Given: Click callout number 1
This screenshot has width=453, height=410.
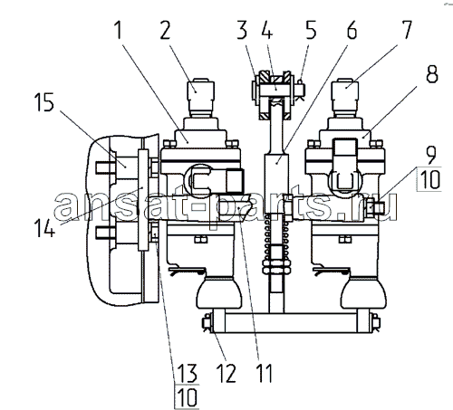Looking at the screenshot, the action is [119, 30].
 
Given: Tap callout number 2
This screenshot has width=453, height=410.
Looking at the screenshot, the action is [165, 30].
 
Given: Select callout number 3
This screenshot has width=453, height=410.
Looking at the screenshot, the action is [242, 30].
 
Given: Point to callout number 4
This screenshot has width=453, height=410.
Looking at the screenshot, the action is [266, 30].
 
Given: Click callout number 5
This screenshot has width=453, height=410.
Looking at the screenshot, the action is [311, 30].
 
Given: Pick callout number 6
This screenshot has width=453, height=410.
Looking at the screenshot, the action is [352, 30].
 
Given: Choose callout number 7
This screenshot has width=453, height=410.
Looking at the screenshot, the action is [406, 30].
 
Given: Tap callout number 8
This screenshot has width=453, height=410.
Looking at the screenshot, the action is [432, 73].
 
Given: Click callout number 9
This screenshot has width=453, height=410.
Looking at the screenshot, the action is [430, 156].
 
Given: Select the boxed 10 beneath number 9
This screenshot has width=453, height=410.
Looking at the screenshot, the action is [430, 179].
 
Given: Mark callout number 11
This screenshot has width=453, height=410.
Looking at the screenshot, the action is [265, 373].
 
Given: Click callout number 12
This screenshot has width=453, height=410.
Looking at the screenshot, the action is [226, 373].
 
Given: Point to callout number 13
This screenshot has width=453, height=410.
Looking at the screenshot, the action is [188, 373].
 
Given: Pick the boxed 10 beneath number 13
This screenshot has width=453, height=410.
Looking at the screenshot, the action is [188, 397].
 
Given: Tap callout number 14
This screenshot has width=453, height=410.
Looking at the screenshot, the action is [44, 227].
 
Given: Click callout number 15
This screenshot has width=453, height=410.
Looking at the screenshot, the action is [44, 102].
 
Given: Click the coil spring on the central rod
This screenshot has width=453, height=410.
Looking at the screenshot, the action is [277, 240].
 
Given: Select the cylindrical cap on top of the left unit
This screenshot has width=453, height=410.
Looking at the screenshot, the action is [201, 99].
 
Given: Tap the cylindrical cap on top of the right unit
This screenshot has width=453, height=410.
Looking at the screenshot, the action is [345, 99].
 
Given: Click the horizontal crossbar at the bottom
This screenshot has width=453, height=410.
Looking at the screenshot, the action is [290, 322].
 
